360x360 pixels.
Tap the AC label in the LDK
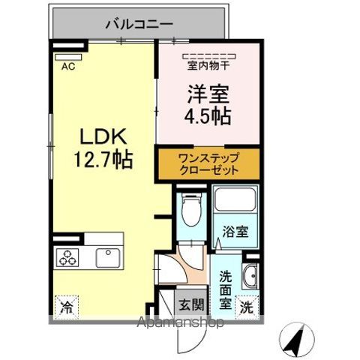68,65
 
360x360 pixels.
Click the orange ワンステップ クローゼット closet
208,164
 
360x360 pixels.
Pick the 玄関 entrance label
189,306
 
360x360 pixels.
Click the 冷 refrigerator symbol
66,306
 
